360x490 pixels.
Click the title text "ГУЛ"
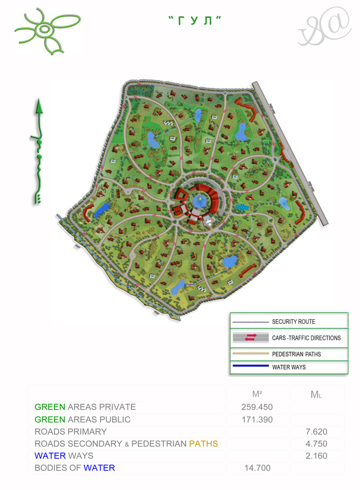194,21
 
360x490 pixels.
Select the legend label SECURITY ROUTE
293,322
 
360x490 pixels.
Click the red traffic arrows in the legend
251,338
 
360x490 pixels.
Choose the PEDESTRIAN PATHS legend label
296,354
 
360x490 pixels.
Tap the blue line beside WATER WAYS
251,366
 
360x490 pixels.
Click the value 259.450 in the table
257,407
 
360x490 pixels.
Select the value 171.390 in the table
257,419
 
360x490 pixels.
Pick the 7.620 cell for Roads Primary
316,432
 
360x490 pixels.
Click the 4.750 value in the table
316,444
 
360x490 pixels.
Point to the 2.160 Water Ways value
316,456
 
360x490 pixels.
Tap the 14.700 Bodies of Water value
257,468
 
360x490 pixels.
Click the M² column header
257,394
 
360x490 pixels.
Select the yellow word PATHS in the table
203,444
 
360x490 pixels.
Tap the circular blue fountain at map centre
198,200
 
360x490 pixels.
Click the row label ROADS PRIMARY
70,432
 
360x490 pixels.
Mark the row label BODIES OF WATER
75,468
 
